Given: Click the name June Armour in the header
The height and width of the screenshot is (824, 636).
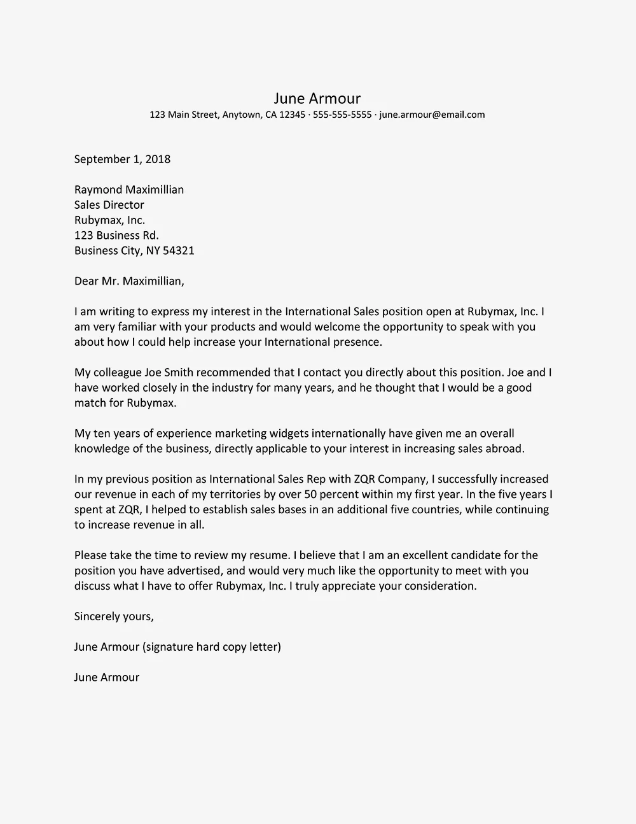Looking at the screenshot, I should (317, 98).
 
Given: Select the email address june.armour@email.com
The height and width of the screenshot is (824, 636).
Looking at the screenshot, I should (432, 115).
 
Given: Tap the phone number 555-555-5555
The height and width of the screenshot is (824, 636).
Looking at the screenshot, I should (342, 115).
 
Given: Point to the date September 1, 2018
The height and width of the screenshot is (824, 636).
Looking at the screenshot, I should (122, 159).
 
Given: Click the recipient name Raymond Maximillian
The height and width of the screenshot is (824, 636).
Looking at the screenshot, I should (129, 190).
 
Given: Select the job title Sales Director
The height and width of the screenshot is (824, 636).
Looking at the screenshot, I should (109, 205).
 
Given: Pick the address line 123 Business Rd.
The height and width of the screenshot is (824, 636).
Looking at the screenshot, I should (116, 236).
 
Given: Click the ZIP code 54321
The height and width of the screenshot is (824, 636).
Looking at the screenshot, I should (179, 251).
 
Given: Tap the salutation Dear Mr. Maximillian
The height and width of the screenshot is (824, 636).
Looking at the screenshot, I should (128, 281).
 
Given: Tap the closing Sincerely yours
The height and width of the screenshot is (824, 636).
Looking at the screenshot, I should (114, 616).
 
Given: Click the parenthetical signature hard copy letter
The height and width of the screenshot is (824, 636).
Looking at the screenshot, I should (212, 647).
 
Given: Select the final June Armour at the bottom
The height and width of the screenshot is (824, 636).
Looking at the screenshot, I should (107, 678).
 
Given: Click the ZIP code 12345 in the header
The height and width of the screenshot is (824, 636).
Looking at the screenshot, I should (293, 115).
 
